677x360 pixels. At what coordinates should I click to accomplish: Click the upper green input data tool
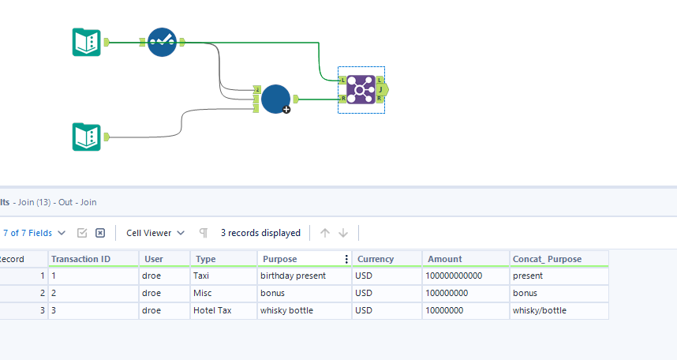[86, 42]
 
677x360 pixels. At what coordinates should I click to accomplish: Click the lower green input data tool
[86, 137]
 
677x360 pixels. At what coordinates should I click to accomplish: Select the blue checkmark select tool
[162, 42]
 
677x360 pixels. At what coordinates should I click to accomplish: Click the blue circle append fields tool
[275, 99]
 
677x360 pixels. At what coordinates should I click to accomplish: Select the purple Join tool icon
[361, 89]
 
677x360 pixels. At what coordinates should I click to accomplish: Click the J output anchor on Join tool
[381, 89]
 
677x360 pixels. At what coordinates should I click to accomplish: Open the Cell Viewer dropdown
[155, 233]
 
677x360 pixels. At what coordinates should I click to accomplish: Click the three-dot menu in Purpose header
[346, 259]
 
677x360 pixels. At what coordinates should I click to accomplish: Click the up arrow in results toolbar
[325, 233]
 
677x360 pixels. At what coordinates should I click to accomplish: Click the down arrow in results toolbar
[343, 233]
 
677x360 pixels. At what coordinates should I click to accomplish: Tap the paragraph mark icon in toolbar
[204, 233]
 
